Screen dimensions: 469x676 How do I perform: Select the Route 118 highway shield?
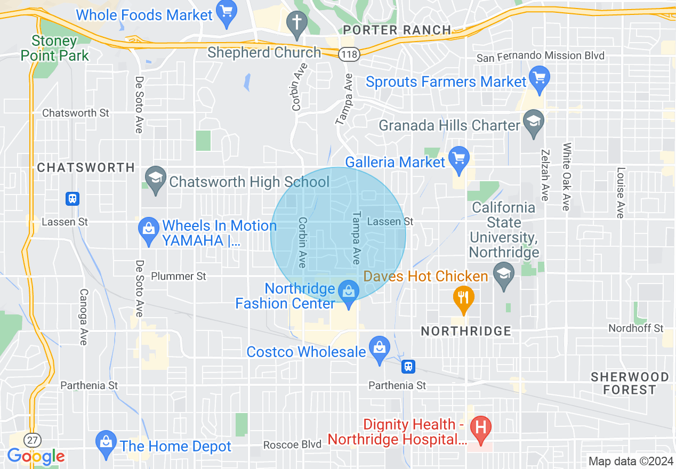(350, 53)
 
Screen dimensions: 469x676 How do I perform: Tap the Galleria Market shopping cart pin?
(458, 157)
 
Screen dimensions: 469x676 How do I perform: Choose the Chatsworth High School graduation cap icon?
(155, 177)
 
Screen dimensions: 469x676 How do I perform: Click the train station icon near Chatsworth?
(73, 199)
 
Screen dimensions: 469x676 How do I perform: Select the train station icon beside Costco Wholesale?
(408, 366)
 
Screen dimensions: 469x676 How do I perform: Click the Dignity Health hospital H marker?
(481, 427)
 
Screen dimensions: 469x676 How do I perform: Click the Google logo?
(36, 456)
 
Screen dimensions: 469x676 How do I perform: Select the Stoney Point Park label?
(54, 48)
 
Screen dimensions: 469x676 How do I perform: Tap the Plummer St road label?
(179, 276)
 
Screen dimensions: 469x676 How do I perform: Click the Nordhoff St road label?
(636, 328)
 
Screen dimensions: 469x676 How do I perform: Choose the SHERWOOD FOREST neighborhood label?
(630, 383)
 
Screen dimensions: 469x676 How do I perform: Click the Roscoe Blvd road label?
(293, 444)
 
